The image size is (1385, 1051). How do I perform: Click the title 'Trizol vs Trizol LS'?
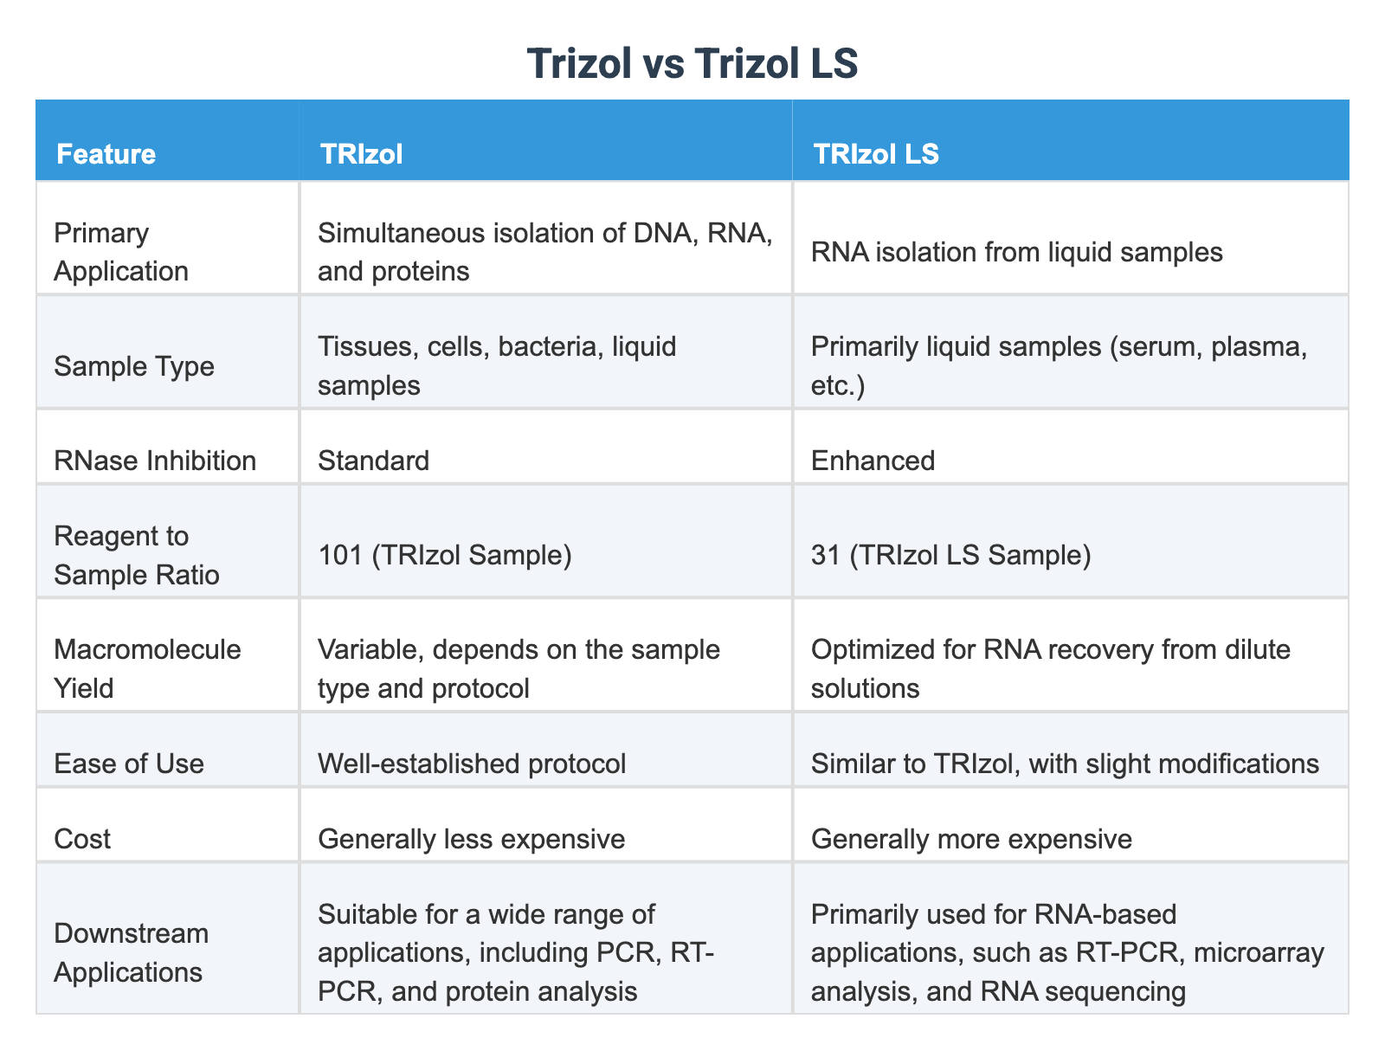[692, 63]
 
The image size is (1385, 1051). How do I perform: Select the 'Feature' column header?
[106, 154]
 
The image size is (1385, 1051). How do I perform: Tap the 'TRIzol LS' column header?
[874, 154]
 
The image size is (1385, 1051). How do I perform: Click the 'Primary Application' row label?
[120, 252]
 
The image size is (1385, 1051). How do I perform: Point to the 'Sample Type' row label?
[133, 366]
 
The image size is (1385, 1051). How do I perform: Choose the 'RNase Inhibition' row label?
[155, 460]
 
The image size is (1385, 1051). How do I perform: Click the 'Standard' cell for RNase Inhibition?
[373, 460]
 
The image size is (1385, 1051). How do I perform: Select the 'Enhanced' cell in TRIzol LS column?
[873, 460]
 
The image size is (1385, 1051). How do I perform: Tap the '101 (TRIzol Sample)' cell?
[444, 555]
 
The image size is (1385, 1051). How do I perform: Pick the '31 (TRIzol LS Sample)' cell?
[950, 555]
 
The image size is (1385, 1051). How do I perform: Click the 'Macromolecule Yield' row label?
[147, 667]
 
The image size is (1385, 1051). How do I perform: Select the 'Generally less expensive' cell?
[471, 838]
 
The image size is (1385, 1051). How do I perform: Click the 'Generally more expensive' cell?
[971, 838]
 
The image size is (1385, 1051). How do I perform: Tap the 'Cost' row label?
[82, 838]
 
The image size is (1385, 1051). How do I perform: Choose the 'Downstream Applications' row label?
[131, 952]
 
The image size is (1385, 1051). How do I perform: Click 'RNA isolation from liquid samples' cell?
[1016, 252]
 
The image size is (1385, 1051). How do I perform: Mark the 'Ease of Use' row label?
[128, 763]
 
